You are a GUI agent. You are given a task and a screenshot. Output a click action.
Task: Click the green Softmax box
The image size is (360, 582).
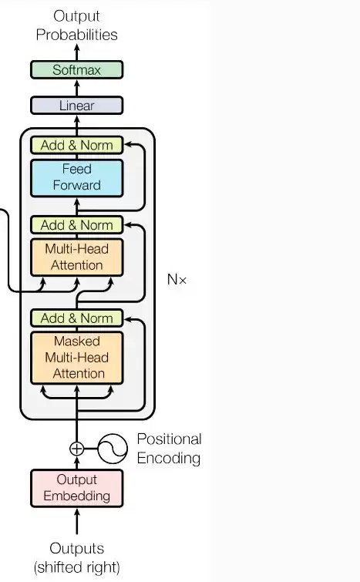77,70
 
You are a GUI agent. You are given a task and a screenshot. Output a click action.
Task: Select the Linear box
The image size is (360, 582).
77,106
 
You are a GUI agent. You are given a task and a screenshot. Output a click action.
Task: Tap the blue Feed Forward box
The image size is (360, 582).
77,178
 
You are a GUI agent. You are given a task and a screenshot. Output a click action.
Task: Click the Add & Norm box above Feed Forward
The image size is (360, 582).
77,145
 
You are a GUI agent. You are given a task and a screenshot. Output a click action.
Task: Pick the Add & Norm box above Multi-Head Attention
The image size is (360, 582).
77,225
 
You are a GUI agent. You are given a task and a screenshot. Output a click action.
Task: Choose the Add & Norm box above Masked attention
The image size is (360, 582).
77,318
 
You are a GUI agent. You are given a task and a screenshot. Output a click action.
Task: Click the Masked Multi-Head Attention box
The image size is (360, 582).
77,358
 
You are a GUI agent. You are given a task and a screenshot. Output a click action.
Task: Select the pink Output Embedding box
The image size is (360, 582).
77,488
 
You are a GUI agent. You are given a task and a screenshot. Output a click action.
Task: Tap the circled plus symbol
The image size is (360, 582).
77,449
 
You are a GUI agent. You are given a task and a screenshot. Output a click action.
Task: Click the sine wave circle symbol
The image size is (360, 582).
113,449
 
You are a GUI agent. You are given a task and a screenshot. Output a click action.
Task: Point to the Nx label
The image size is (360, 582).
177,280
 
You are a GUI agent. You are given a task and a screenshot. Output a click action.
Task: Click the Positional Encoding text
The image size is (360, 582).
170,449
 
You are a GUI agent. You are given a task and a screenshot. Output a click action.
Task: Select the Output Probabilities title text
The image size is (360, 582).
77,25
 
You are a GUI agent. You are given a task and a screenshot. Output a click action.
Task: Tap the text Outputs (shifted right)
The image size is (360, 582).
77,557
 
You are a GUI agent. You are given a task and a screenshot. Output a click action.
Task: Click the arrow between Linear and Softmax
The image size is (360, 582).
77,88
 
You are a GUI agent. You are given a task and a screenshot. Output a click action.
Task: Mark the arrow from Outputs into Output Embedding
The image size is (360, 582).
77,521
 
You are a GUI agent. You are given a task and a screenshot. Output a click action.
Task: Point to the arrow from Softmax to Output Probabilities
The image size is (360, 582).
77,52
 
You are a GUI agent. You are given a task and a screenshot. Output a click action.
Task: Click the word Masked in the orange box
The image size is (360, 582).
77,341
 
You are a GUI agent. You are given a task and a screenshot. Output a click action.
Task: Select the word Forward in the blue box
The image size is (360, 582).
77,185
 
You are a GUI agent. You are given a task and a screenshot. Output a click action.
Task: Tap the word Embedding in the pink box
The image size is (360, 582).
77,496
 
